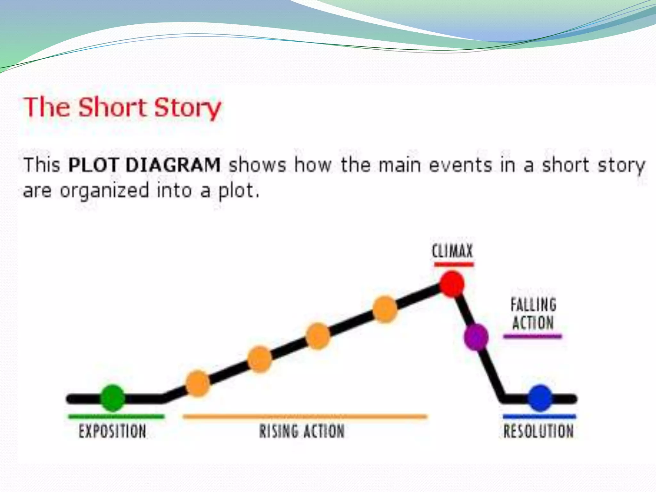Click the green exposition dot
tap(112, 398)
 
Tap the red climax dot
tap(451, 284)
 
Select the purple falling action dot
tap(476, 337)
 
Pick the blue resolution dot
tap(540, 398)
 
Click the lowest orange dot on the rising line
tap(198, 383)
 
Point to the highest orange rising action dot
tap(385, 309)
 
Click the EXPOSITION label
tap(112, 431)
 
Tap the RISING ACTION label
tap(302, 431)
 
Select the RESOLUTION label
tap(538, 431)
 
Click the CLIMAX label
tap(452, 251)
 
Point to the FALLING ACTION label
tap(533, 314)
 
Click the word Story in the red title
tap(187, 107)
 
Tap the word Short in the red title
tap(112, 107)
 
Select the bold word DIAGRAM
tap(173, 165)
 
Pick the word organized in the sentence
tap(104, 191)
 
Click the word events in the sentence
tap(460, 165)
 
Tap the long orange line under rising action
tap(305, 416)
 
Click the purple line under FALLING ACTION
tap(532, 336)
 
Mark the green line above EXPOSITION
tap(116, 416)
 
